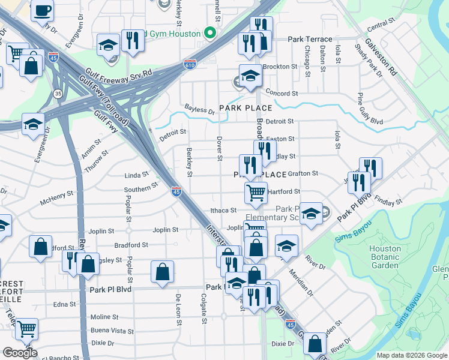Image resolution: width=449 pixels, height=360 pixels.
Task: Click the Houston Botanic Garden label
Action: (385, 257)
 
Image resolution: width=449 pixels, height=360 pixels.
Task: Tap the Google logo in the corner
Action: (20, 353)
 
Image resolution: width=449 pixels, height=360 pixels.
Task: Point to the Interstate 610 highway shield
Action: (189, 63)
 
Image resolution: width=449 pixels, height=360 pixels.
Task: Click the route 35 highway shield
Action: (58, 94)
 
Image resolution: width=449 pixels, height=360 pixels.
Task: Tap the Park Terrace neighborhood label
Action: (310, 39)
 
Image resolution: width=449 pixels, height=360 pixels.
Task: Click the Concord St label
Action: (282, 94)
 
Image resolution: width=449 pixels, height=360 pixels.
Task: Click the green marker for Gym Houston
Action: (210, 33)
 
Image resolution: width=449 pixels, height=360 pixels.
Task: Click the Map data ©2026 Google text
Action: (412, 355)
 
